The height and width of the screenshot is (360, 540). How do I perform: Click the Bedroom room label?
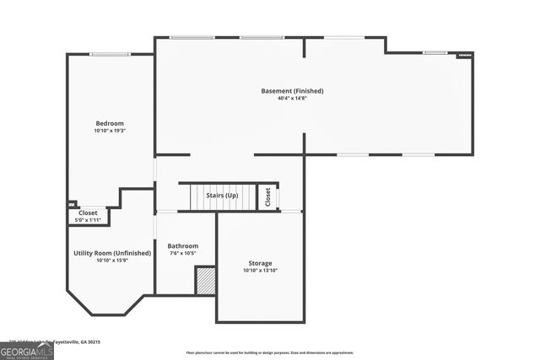click(x=109, y=123)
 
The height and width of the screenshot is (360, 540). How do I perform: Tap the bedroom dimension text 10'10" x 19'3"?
click(x=109, y=131)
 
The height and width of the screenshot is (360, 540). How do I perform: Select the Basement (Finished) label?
click(x=292, y=90)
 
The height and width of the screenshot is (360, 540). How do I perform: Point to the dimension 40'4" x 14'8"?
click(x=292, y=98)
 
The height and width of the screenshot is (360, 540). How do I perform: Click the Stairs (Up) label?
click(x=222, y=196)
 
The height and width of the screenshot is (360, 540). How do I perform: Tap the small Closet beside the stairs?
click(x=268, y=196)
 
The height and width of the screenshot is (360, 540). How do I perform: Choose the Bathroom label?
click(x=182, y=245)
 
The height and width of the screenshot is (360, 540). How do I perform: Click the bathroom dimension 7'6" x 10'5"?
click(x=182, y=253)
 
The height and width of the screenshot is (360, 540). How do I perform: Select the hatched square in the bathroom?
click(x=206, y=281)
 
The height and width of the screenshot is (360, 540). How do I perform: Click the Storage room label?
click(x=260, y=263)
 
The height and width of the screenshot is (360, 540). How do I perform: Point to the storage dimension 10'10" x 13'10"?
click(x=260, y=271)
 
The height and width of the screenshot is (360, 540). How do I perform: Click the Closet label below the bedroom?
click(x=89, y=213)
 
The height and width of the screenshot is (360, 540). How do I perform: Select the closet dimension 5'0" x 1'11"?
click(x=89, y=220)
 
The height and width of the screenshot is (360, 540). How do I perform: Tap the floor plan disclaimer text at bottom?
click(x=270, y=352)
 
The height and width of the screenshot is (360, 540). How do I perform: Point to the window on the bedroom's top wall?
click(x=110, y=55)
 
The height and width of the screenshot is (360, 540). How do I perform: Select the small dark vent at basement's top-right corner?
click(x=465, y=55)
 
